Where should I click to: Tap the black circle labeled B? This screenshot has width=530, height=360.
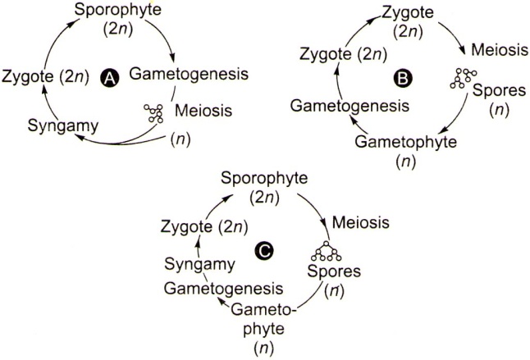tap(403, 79)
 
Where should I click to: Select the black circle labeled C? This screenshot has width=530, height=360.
tap(263, 251)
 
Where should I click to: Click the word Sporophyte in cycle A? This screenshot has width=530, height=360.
tap(118, 10)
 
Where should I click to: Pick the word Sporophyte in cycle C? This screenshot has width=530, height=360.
tap(264, 179)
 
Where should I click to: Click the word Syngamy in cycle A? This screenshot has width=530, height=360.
tap(63, 126)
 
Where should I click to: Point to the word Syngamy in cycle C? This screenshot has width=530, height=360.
tap(199, 264)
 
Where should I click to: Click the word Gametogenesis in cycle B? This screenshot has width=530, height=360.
tap(350, 107)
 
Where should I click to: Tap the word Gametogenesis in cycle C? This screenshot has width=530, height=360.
tap(223, 289)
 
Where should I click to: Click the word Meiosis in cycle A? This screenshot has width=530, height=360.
tap(203, 111)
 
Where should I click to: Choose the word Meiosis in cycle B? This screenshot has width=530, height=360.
tap(500, 50)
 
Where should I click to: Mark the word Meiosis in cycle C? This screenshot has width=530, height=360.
tap(361, 222)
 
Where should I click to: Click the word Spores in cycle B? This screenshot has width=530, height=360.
tap(500, 90)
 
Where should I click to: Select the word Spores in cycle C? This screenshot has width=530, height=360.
tap(334, 271)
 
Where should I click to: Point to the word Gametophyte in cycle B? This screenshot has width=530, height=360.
tap(405, 142)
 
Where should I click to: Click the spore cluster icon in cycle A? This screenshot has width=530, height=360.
tap(153, 113)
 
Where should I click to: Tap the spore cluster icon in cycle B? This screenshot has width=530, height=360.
tap(463, 79)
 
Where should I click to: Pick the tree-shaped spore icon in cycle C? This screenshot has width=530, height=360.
tap(327, 251)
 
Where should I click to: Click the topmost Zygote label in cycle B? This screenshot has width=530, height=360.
tap(408, 12)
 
